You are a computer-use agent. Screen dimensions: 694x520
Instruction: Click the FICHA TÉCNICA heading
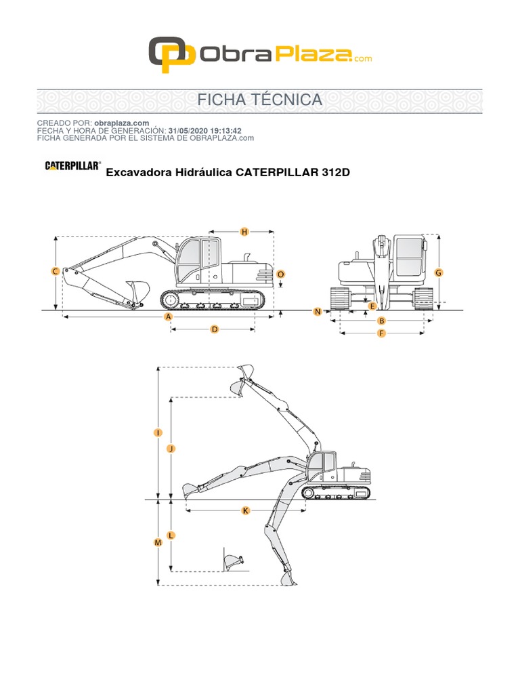(x=259, y=100)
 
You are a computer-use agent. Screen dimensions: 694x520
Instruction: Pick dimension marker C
(x=56, y=271)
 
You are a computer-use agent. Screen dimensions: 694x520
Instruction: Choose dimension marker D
(x=214, y=329)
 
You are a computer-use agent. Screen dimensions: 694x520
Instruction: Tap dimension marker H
(x=245, y=232)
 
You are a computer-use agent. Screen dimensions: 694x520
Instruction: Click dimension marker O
(x=281, y=274)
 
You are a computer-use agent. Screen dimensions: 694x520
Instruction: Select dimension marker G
(x=439, y=272)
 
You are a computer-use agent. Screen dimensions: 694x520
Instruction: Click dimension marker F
(x=381, y=333)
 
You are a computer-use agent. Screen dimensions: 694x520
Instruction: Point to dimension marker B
(x=381, y=321)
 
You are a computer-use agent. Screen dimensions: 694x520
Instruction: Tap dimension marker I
(x=158, y=432)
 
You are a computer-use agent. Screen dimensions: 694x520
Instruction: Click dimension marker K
(x=245, y=510)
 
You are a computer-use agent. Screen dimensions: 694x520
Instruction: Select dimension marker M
(x=158, y=543)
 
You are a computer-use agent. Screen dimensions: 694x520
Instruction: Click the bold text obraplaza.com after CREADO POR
(x=122, y=123)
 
